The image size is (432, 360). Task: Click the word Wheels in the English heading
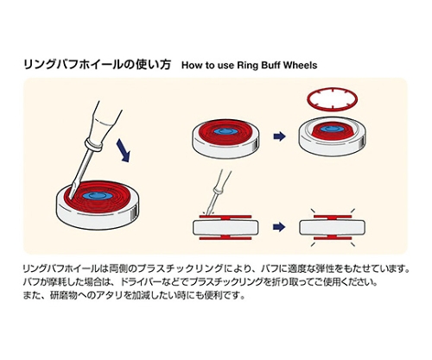pyautogui.click(x=301, y=65)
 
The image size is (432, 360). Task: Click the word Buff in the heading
pyautogui.click(x=271, y=65)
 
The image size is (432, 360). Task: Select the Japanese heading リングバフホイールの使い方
pyautogui.click(x=97, y=65)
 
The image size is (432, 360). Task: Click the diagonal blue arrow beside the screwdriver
pyautogui.click(x=124, y=150)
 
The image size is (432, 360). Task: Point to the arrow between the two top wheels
pyautogui.click(x=279, y=136)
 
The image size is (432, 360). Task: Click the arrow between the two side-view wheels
pyautogui.click(x=279, y=227)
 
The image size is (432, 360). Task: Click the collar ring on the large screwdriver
pyautogui.click(x=92, y=145)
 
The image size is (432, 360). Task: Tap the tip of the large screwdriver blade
pyautogui.click(x=70, y=197)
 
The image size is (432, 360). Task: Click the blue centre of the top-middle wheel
pyautogui.click(x=226, y=131)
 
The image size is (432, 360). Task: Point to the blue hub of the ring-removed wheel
pyautogui.click(x=332, y=129)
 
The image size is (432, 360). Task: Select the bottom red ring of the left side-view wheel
pyautogui.click(x=226, y=237)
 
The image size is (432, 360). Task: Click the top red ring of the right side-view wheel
pyautogui.click(x=333, y=216)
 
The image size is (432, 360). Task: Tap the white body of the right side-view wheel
pyautogui.click(x=333, y=227)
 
